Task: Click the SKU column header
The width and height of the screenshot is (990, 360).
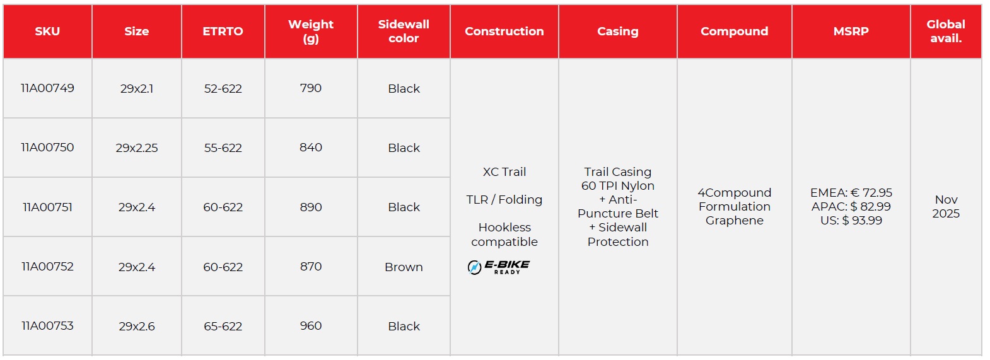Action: point(47,32)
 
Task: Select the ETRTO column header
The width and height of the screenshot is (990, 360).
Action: point(223,32)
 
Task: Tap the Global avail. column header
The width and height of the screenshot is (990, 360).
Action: point(946,32)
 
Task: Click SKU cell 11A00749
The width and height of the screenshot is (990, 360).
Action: point(47,88)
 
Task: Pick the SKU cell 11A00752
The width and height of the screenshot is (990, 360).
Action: point(47,267)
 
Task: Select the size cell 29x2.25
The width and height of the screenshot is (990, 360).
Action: point(137,148)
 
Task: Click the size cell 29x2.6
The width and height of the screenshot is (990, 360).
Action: point(137,327)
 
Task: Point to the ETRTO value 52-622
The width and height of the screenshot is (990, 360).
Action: point(223,89)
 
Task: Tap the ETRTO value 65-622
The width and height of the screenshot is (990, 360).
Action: point(223,327)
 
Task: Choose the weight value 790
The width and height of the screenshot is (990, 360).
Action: point(311,88)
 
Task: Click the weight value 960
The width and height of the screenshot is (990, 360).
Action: point(311,326)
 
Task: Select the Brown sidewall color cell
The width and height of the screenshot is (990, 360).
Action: point(404,267)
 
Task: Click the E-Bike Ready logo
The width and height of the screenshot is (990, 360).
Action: point(499,267)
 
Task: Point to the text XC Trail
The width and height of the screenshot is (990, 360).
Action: point(504,172)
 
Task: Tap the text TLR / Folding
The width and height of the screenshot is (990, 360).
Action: point(504,200)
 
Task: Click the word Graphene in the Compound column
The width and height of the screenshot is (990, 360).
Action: point(734,221)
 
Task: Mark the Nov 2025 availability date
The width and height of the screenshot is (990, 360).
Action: point(946,207)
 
